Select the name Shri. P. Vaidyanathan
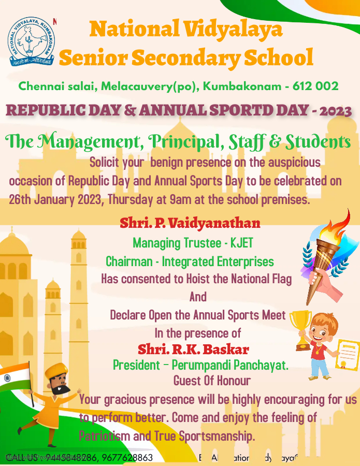click(x=190, y=223)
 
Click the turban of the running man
click(x=56, y=371)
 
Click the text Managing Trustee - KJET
click(x=193, y=242)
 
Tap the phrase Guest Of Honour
click(x=212, y=381)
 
